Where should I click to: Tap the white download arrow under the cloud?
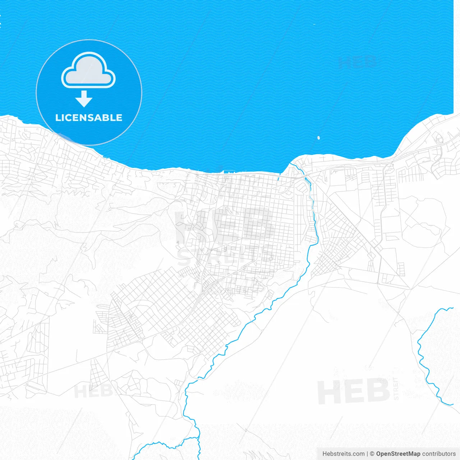84,99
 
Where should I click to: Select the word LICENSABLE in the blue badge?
89,118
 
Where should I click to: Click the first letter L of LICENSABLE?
57,118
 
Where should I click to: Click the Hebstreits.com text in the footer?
343,454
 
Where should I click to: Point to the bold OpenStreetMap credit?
398,454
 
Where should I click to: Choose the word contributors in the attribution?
438,454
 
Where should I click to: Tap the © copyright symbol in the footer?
372,454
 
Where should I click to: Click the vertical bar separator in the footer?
367,454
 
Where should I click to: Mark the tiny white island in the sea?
318,137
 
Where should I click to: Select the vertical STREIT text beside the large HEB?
396,388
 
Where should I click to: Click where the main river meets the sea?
292,164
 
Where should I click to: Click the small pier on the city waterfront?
227,172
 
